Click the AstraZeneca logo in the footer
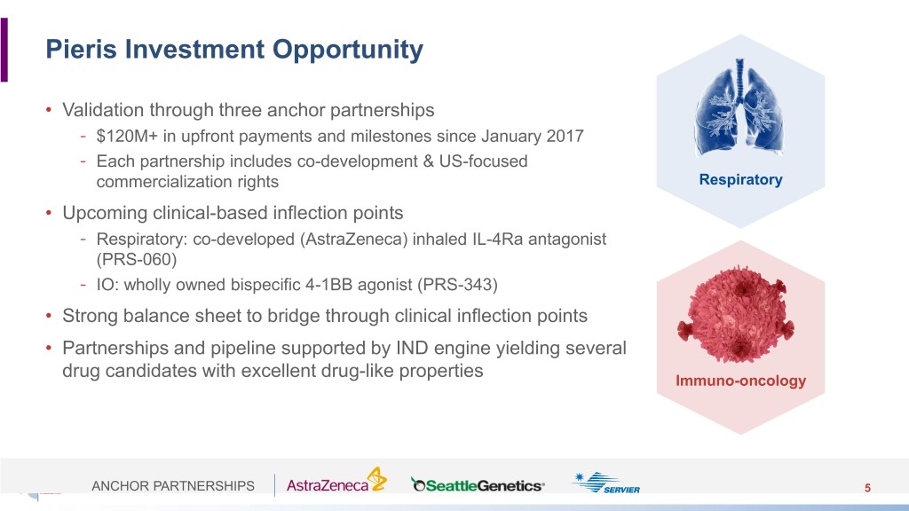(336, 480)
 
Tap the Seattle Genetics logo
(478, 485)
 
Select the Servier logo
(605, 483)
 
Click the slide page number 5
(867, 488)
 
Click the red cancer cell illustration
(736, 314)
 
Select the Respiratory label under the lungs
(740, 179)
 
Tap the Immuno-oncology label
(740, 381)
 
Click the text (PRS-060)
(136, 259)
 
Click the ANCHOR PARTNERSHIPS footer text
(173, 485)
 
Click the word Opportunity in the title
(348, 51)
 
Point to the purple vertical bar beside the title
(4, 50)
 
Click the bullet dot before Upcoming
(50, 213)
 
